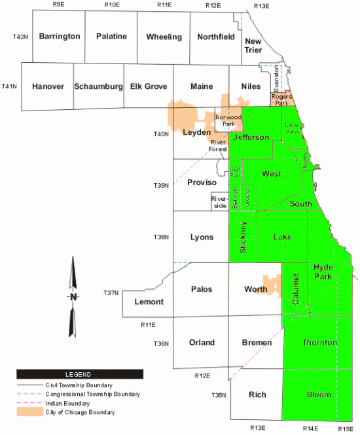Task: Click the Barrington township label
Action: (60, 37)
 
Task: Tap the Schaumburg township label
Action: (98, 86)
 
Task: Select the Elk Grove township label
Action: (149, 86)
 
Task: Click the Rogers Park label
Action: (282, 99)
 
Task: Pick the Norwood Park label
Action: (228, 120)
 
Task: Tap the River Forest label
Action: (219, 145)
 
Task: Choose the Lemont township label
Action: (149, 302)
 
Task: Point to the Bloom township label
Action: (319, 395)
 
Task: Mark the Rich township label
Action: (257, 395)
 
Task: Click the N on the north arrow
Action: (73, 296)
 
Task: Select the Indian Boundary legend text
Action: (66, 404)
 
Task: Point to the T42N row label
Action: (20, 37)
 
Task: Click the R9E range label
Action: (58, 5)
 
